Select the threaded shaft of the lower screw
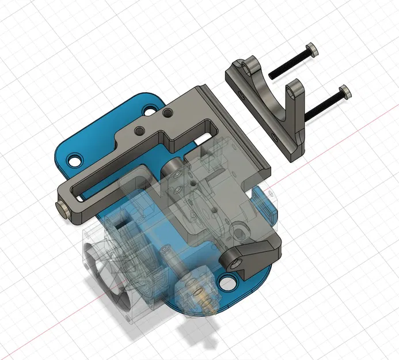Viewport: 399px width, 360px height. coord(322,105)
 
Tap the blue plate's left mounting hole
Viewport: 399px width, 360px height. coord(73,160)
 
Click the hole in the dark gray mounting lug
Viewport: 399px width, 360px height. coord(237,263)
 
